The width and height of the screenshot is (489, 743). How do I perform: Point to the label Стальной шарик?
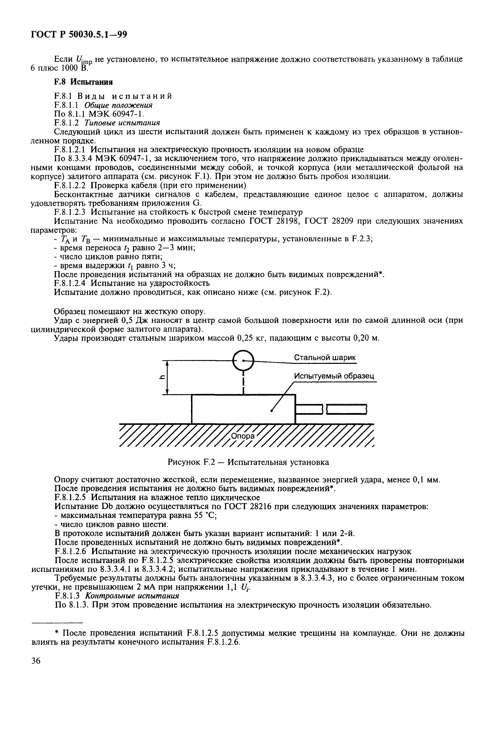coord(325,358)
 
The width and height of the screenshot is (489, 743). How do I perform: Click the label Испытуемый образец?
coord(334,376)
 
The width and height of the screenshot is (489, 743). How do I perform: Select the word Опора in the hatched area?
coord(243,436)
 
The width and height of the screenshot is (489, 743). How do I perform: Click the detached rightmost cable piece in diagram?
coord(346,409)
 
